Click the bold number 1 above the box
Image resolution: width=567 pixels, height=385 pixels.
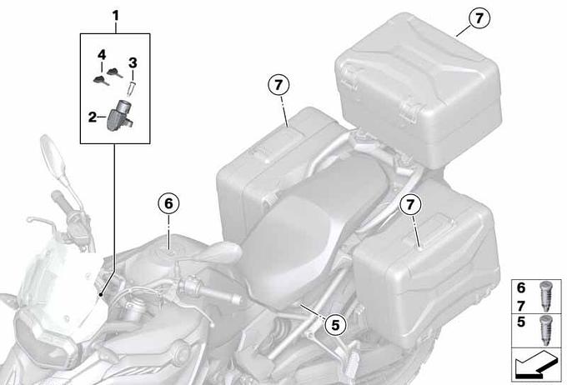point(115,16)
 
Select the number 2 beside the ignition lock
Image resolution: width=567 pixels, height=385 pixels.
point(93,117)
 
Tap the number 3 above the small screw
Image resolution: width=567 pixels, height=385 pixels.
point(133,62)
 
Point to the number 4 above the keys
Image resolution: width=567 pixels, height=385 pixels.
point(102,55)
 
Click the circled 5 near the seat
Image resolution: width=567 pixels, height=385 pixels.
point(335,325)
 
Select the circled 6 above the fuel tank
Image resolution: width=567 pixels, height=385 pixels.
point(169,204)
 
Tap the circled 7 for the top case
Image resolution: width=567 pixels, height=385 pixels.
point(479,18)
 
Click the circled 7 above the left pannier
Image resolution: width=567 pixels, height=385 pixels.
point(278,85)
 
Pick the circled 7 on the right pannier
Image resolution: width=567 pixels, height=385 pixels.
point(410,205)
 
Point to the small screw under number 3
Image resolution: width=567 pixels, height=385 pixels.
point(131,89)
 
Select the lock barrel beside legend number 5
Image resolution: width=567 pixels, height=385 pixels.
point(545,330)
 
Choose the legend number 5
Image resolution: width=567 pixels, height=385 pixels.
point(520,322)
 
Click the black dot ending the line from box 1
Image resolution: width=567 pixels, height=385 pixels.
point(100,295)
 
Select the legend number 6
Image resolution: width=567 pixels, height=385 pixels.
point(520,287)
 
